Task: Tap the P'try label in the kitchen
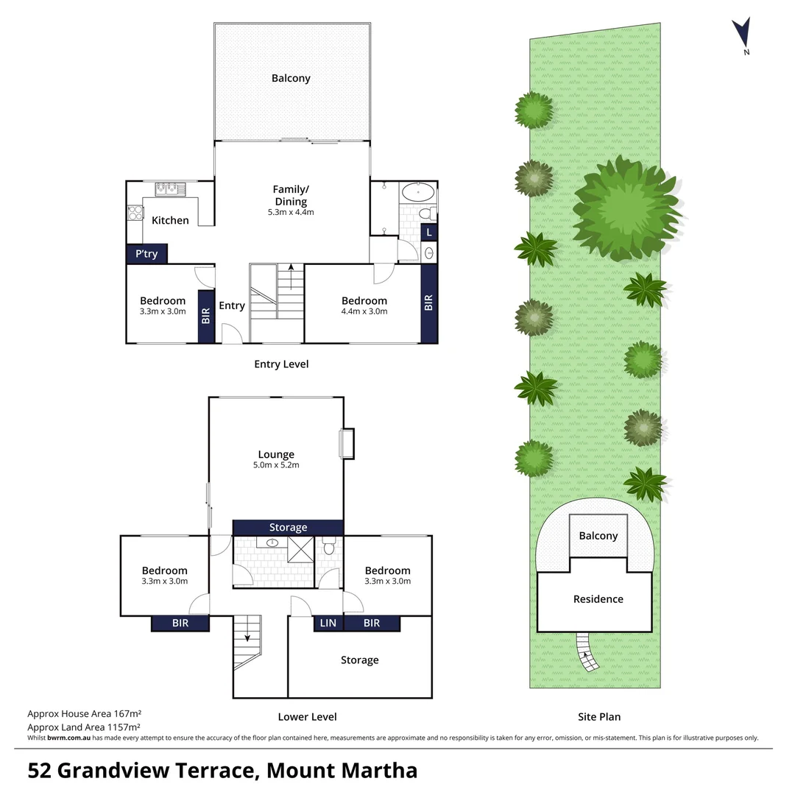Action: [x=146, y=254]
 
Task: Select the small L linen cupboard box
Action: [x=430, y=233]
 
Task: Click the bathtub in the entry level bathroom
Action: [x=417, y=194]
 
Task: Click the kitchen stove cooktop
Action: [x=135, y=213]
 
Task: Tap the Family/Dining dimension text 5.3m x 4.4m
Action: [x=291, y=213]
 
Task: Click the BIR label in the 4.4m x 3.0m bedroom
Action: [x=429, y=303]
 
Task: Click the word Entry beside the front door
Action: [x=232, y=306]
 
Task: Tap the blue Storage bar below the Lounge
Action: [x=288, y=527]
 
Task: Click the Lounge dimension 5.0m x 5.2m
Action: [x=276, y=464]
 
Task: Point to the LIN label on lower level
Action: [x=328, y=623]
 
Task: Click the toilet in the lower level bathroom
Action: [x=329, y=546]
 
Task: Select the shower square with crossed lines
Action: [x=300, y=549]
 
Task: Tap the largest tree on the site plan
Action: [x=626, y=201]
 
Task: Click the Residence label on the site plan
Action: [x=598, y=599]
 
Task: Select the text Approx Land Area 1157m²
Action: [x=84, y=726]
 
